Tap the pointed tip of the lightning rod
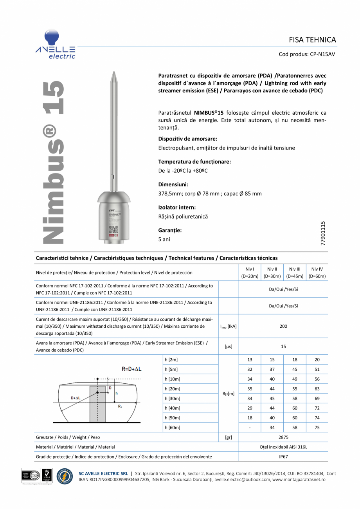tap(113, 74)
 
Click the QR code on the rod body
tap(113, 230)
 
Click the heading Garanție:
tap(170, 230)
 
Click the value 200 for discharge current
tap(283, 326)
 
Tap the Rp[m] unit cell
tap(228, 393)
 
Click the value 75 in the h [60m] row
tap(317, 428)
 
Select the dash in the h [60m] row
tap(250, 428)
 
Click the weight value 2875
tap(283, 437)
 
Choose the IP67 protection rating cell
tap(283, 457)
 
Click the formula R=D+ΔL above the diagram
tap(131, 368)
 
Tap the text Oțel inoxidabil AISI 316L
tap(283, 447)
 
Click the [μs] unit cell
tap(228, 347)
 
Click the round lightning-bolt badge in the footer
tap(65, 477)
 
